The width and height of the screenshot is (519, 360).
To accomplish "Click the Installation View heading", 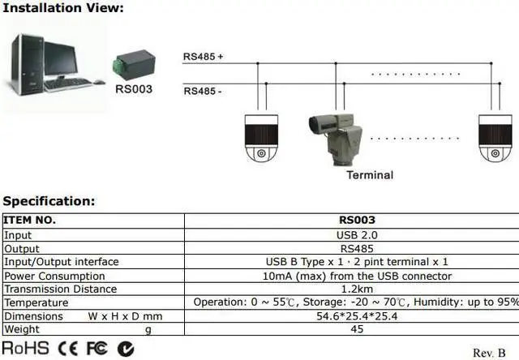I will [x=63, y=9].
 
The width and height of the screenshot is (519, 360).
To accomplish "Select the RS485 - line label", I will [x=203, y=90].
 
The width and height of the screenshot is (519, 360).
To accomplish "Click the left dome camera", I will [x=261, y=139].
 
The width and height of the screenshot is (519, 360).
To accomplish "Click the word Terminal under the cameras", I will [x=369, y=174].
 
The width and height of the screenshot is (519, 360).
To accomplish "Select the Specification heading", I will [x=49, y=201].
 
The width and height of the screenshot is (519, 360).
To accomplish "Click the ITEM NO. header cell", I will [x=30, y=220].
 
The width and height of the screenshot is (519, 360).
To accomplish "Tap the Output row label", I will [x=22, y=248].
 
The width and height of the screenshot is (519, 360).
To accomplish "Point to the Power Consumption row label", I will [x=54, y=276].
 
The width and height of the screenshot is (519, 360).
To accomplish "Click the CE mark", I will [x=68, y=349].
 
